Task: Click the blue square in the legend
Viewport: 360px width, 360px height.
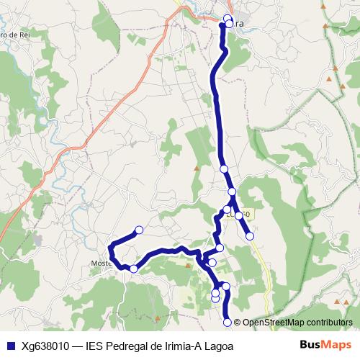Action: coord(11,346)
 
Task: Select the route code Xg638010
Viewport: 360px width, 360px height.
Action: coord(45,346)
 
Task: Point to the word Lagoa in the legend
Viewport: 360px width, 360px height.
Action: coord(219,346)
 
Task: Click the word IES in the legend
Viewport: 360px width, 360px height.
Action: coord(95,346)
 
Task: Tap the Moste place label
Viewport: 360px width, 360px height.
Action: coord(99,263)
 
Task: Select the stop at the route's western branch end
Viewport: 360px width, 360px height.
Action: coord(139,230)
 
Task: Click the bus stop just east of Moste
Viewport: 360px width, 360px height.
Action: coord(133,269)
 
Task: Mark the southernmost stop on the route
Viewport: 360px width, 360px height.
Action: coord(228,322)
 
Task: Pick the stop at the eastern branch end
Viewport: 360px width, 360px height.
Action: coord(250,235)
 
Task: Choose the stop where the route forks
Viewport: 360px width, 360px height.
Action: coord(232,192)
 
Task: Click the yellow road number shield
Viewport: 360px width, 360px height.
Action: coord(242,214)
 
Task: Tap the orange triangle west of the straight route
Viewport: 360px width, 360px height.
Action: coord(196,168)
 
